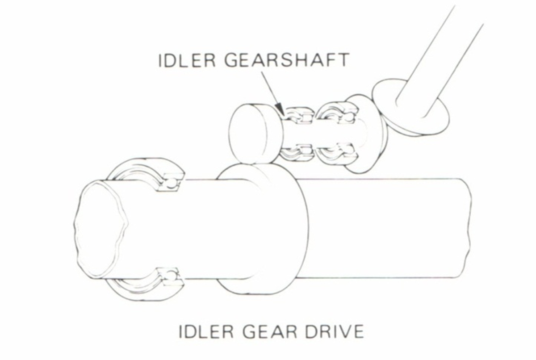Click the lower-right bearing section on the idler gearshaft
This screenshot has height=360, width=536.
tap(337, 154)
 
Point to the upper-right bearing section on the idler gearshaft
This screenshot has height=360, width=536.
tap(337, 114)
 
